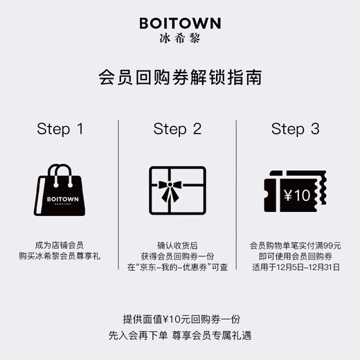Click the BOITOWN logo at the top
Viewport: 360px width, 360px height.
tap(179, 23)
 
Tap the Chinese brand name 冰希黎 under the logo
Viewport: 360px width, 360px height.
tap(179, 39)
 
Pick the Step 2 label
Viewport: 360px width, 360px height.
tap(178, 129)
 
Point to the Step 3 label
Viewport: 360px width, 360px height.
tap(296, 129)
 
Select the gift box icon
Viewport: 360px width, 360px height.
tap(178, 190)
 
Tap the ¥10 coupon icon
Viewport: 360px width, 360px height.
tap(296, 193)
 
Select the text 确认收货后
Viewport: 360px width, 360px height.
tap(178, 244)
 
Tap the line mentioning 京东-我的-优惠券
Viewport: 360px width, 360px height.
tap(178, 268)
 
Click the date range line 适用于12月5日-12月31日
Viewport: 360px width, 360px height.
tap(296, 268)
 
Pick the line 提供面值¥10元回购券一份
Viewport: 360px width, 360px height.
tap(179, 319)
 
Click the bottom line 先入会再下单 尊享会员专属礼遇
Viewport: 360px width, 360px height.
tap(179, 336)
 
